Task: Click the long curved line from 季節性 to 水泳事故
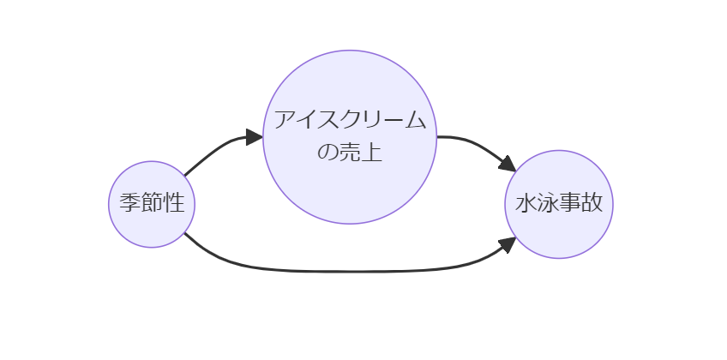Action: click(343, 272)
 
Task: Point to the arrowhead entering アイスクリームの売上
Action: click(253, 137)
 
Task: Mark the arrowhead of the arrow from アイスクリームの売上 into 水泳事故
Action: click(507, 163)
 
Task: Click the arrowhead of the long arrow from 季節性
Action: click(507, 245)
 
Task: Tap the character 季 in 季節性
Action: click(129, 203)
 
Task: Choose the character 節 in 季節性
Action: click(152, 203)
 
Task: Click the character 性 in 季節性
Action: click(174, 203)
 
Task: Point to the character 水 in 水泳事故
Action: click(526, 203)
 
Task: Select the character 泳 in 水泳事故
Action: click(548, 203)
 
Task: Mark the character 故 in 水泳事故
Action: click(592, 203)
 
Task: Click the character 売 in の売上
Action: click(350, 153)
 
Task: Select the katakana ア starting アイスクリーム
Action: click(284, 120)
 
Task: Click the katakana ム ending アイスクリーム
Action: click(416, 120)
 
